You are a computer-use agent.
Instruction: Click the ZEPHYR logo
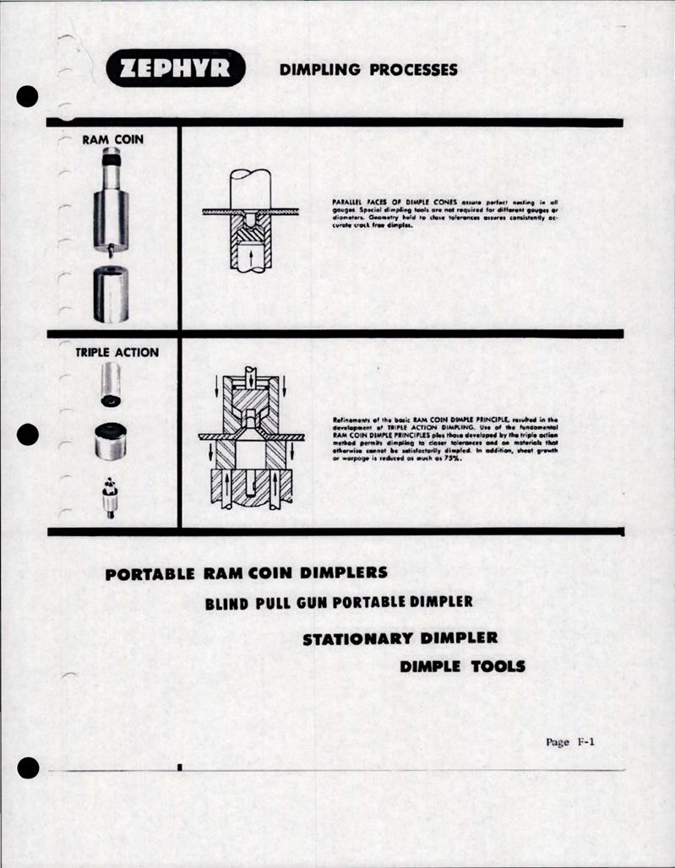pyautogui.click(x=175, y=69)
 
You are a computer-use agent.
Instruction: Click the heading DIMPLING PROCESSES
pyautogui.click(x=368, y=70)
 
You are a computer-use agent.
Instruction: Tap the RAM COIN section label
pyautogui.click(x=112, y=139)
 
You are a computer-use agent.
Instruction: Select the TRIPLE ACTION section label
pyautogui.click(x=117, y=352)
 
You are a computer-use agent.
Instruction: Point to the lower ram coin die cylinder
pyautogui.click(x=111, y=294)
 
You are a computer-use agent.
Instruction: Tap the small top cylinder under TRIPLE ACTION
pyautogui.click(x=111, y=384)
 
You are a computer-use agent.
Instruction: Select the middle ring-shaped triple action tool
pyautogui.click(x=111, y=441)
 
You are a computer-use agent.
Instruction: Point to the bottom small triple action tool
pyautogui.click(x=110, y=497)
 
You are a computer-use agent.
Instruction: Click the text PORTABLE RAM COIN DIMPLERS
pyautogui.click(x=247, y=573)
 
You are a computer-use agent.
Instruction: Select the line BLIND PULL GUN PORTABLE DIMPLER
pyautogui.click(x=339, y=603)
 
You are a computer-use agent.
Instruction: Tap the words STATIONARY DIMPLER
pyautogui.click(x=400, y=637)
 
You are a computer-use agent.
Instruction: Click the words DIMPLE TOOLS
pyautogui.click(x=462, y=666)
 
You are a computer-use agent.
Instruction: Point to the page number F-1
pyautogui.click(x=571, y=742)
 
